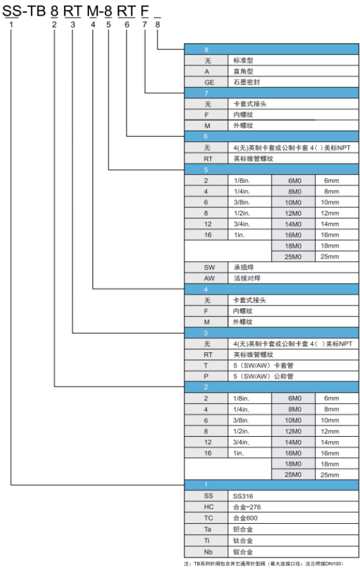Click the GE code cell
pos(206,82)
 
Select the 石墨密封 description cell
pos(293,82)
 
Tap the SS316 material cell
pos(293,496)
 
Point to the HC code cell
pos(206,507)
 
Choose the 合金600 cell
pos(293,518)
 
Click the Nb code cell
pos(206,552)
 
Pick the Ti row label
pos(206,540)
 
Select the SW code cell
pos(206,268)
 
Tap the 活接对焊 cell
pos(293,278)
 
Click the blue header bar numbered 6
pos(272,137)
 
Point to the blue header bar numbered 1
pos(272,485)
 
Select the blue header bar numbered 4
pos(272,290)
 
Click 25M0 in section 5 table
pos(293,257)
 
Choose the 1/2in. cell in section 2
pos(250,431)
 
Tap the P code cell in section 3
pos(206,376)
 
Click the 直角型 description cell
pos(293,71)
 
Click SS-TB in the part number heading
pos(24,11)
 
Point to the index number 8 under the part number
pos(158,24)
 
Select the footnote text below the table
pos(263,564)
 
